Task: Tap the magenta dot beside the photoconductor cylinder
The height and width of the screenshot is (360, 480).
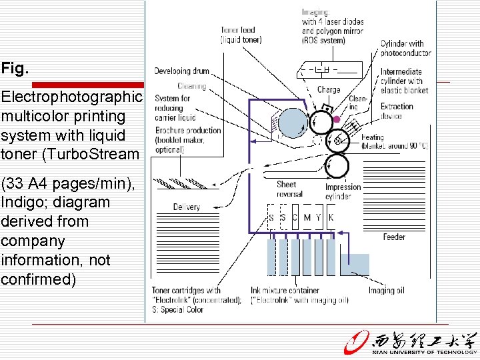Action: click(x=337, y=120)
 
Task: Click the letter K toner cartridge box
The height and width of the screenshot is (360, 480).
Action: click(x=331, y=217)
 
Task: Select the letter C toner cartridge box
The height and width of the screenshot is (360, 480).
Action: click(x=295, y=217)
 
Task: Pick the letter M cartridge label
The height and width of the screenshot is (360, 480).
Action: click(x=307, y=217)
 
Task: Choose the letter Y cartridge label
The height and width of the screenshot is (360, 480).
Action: click(x=319, y=217)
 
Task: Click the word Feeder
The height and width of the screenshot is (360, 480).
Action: click(x=394, y=237)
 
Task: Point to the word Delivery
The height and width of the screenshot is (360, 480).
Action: click(x=186, y=207)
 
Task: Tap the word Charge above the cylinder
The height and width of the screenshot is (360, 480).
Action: click(x=329, y=90)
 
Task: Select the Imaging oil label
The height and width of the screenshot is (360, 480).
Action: click(x=387, y=290)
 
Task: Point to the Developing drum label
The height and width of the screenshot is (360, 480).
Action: click(x=181, y=71)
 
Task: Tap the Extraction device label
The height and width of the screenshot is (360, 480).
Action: click(x=397, y=111)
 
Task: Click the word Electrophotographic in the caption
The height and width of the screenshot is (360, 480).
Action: click(x=71, y=97)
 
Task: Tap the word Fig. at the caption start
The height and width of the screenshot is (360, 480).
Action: click(x=13, y=68)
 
